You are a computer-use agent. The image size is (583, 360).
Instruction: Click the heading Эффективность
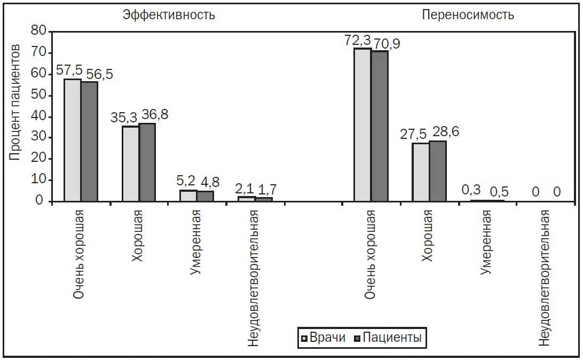coord(169,14)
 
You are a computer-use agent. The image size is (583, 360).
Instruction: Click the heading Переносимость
coord(468,14)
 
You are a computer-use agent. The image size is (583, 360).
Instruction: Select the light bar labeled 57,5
coord(73,140)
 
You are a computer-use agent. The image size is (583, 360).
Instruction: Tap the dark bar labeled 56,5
coord(89,142)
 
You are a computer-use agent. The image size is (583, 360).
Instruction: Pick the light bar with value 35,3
coord(131,164)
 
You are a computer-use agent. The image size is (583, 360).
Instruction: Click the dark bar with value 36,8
coord(147,162)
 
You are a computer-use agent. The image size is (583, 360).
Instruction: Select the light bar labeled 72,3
coord(363,125)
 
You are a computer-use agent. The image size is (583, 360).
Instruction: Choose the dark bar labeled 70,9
coord(380,126)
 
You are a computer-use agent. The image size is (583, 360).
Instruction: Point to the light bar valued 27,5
coord(421,172)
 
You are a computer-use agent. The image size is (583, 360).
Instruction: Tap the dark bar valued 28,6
coord(438,171)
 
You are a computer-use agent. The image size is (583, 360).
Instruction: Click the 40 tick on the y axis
coord(40,116)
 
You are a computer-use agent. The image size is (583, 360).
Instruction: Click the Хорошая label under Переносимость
coord(427,235)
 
